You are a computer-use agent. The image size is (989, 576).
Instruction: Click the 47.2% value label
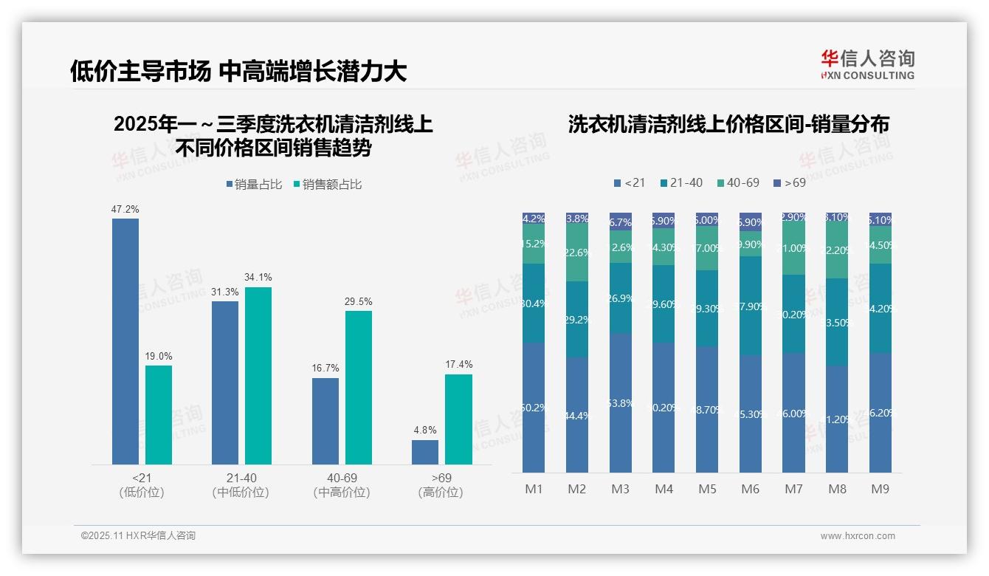(x=125, y=210)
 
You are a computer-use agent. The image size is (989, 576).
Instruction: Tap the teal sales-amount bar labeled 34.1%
(x=258, y=375)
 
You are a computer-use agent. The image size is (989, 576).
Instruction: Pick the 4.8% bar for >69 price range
(x=425, y=452)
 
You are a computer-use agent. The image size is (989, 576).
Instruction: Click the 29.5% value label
(x=359, y=301)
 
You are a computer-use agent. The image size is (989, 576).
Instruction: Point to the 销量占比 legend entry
(x=254, y=185)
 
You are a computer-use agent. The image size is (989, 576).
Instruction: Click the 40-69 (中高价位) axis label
(x=342, y=485)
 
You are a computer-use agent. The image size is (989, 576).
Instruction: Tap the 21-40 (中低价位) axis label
(x=241, y=485)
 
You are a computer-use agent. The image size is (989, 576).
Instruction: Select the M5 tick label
(x=707, y=489)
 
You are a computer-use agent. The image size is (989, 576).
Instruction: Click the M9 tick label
(x=880, y=489)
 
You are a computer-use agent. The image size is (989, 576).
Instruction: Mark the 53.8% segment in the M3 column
(x=621, y=402)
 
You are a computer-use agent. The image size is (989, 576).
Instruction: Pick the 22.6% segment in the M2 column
(x=577, y=253)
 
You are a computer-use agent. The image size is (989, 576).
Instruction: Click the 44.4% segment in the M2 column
(x=577, y=415)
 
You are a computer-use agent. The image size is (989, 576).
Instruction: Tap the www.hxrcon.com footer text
(x=858, y=536)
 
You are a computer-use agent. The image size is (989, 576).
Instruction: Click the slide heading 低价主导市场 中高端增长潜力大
(x=238, y=71)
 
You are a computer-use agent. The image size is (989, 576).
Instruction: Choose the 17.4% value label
(x=458, y=365)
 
